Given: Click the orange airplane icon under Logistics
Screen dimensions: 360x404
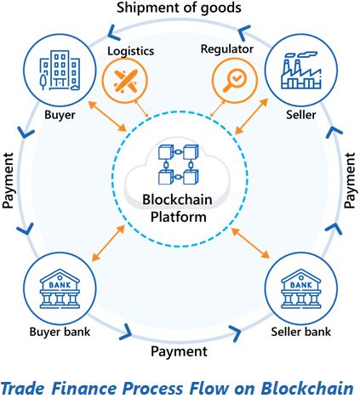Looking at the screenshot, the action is tap(125, 81).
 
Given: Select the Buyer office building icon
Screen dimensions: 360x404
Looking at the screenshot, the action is tap(60, 71).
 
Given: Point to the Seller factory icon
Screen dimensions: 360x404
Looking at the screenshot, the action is tap(301, 71).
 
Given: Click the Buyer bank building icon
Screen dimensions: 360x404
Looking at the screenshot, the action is tap(60, 288).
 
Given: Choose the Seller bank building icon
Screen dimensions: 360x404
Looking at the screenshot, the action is tap(301, 288).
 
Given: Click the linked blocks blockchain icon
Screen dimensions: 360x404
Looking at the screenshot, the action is tap(178, 164).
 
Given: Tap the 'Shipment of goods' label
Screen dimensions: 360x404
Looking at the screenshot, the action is tap(179, 8).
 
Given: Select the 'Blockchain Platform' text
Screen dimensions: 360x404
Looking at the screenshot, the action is tap(178, 208).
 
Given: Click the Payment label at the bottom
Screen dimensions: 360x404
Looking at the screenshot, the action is tap(179, 352).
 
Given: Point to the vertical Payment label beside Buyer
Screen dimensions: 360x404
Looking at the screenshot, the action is tap(8, 180).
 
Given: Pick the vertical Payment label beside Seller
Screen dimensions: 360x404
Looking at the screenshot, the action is tap(350, 180).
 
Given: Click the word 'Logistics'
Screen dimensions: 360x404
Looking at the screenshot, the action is tap(131, 51).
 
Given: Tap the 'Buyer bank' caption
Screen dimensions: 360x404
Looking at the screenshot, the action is tap(60, 332).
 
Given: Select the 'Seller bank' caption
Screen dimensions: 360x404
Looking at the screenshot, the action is tap(301, 332).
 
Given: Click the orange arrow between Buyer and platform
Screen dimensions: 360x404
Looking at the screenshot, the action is tap(107, 116).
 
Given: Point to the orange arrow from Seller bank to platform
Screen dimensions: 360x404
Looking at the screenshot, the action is tap(250, 243).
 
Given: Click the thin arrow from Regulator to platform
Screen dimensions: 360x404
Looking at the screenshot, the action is tap(218, 109).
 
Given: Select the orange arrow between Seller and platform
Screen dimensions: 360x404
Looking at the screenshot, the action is tap(252, 116).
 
